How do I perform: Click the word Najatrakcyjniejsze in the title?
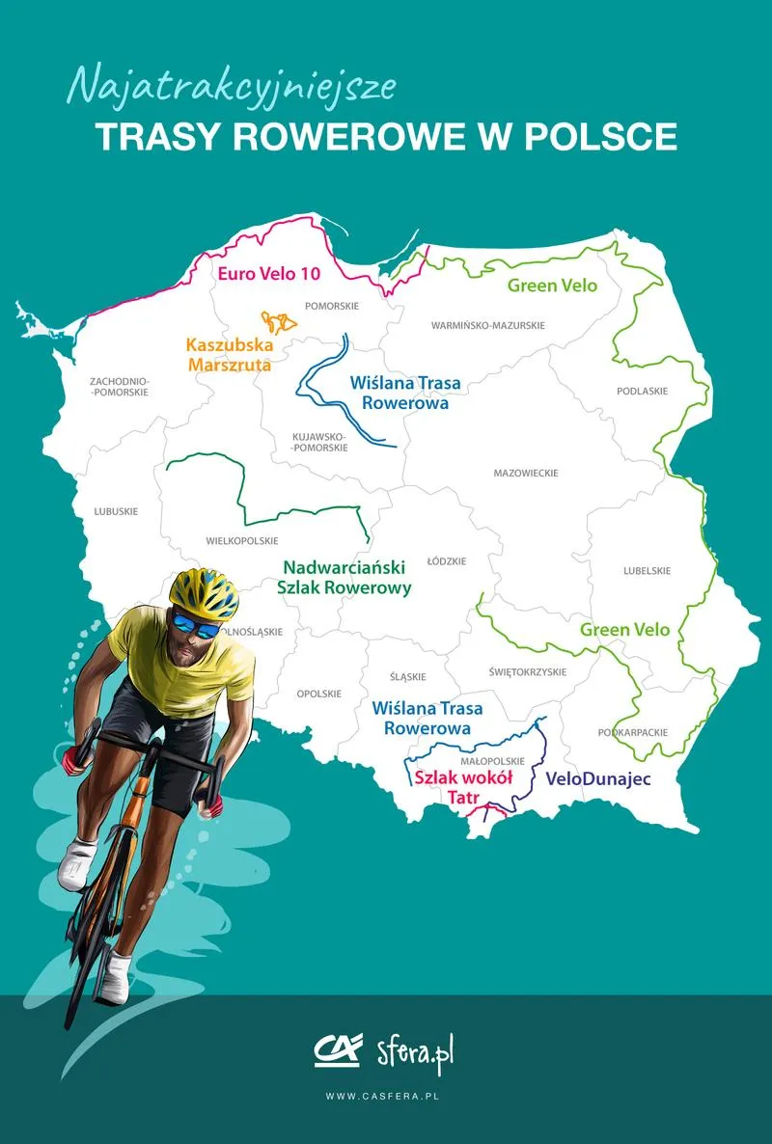(232, 86)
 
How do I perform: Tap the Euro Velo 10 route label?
(268, 273)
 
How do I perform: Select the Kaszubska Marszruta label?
(229, 354)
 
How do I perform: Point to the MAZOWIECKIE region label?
(526, 473)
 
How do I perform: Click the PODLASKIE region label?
(642, 391)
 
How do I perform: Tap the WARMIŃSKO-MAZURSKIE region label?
(487, 325)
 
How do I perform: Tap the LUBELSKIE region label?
(647, 570)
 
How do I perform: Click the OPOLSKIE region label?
(319, 693)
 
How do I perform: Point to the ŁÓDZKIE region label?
(446, 560)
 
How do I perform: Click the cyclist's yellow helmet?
(204, 589)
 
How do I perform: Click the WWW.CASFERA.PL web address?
(385, 1096)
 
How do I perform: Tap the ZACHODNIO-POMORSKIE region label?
(119, 386)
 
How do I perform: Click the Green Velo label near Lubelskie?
(624, 630)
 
